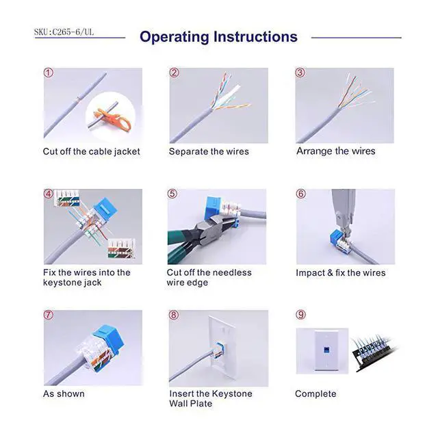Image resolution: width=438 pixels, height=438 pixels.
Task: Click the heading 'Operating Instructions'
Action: click(x=218, y=37)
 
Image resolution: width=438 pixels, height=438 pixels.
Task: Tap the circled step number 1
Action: click(x=49, y=73)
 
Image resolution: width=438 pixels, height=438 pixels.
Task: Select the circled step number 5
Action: click(x=172, y=194)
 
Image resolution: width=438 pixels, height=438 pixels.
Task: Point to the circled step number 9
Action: click(x=300, y=315)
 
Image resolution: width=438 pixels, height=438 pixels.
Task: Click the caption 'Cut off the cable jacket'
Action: click(x=91, y=151)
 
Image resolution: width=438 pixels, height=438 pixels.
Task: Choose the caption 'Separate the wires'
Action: click(x=209, y=151)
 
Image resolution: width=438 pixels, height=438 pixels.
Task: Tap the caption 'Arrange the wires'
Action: click(x=335, y=151)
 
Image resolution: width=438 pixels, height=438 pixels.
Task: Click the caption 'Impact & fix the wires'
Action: click(x=340, y=272)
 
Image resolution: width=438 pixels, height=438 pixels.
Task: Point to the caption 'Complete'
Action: click(x=315, y=394)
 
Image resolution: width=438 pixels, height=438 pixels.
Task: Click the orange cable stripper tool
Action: click(x=109, y=113)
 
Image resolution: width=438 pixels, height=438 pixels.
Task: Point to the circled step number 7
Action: click(x=49, y=315)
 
